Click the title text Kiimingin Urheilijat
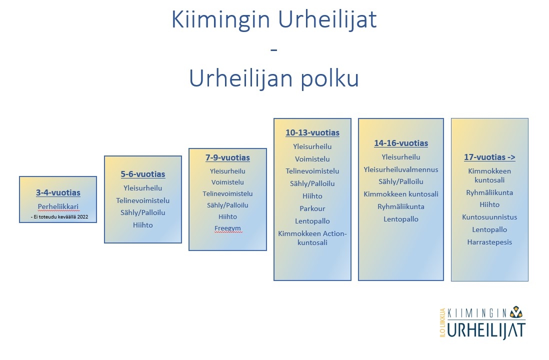coord(274,19)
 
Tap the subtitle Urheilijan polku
coord(274,78)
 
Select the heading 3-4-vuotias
coord(58,192)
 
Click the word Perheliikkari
coord(58,206)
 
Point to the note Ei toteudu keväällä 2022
coord(59,217)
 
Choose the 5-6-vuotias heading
coord(143,174)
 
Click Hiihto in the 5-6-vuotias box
coord(143,225)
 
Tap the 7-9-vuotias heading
coord(227,157)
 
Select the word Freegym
coord(227,228)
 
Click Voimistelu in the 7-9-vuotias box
coord(227,182)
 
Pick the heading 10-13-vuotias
coord(312,132)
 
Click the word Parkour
coord(312,208)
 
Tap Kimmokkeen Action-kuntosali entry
coord(312,238)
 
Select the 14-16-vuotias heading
coord(401,143)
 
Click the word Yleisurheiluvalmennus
coord(401,169)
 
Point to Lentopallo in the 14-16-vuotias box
coord(401,219)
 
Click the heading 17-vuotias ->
coord(489,157)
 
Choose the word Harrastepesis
coord(489,242)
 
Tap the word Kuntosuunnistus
coord(489,217)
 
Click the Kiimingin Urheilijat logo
coord(483,322)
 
